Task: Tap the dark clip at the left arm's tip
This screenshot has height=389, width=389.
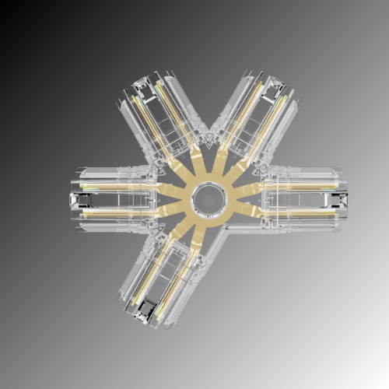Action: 77,200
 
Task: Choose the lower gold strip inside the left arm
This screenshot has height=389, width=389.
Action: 117,212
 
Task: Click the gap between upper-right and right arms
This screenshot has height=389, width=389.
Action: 284,152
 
